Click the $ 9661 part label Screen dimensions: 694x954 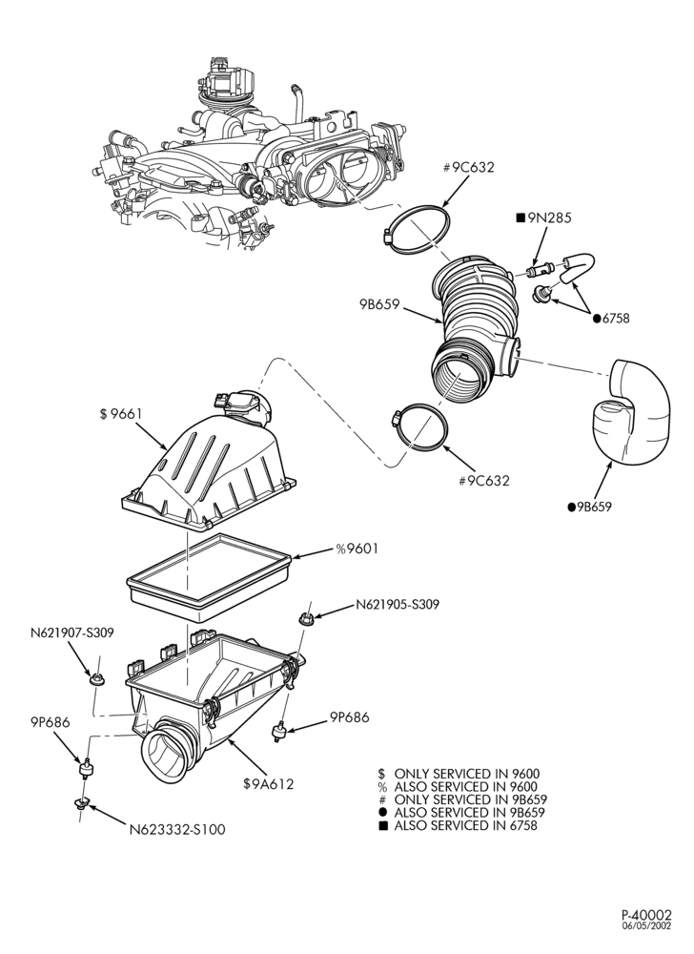pos(121,414)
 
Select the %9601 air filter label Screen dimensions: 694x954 pos(357,549)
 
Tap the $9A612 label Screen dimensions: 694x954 pos(269,783)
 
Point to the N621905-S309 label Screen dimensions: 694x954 pos(398,605)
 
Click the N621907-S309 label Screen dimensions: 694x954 pos(71,633)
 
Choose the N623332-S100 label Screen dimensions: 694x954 pos(177,829)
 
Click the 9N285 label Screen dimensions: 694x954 pos(544,218)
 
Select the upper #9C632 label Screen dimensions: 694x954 pos(468,167)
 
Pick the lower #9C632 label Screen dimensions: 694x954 pos(483,481)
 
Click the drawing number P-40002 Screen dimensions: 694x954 pos(646,931)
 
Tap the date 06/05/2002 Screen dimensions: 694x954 pos(646,943)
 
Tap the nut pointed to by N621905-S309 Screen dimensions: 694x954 pos(306,619)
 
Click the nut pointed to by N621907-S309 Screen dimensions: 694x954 pos(96,678)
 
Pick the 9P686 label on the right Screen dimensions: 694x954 pos(350,717)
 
